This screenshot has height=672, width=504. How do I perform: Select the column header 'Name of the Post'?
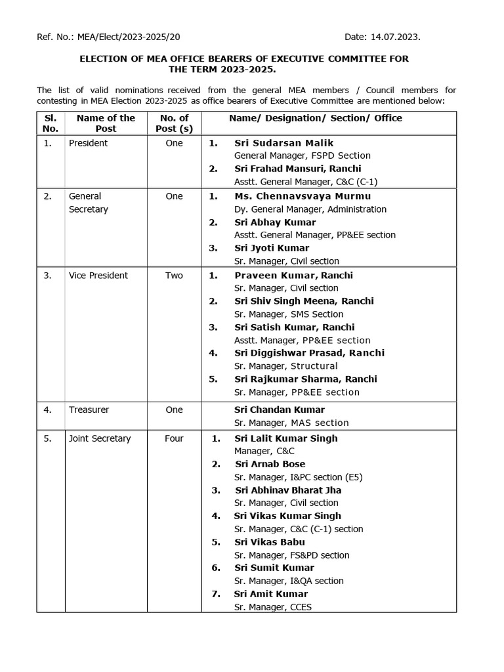pos(106,123)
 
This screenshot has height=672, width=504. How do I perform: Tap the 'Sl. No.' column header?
pos(51,123)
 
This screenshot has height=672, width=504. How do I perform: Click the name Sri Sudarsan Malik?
pos(283,142)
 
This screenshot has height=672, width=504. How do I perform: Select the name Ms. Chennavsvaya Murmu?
pos(303,196)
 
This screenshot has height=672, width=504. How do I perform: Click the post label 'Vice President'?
pos(98,276)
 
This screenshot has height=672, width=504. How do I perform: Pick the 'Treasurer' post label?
pos(89,409)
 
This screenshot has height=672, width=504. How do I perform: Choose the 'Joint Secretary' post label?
pos(100,438)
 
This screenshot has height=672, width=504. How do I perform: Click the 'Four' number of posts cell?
pos(175,438)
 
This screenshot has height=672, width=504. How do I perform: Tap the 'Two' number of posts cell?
pos(175,276)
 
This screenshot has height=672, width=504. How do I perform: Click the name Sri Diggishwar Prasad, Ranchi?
pos(309,353)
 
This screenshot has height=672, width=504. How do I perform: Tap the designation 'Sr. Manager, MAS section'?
pos(291,423)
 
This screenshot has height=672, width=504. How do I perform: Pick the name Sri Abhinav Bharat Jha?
pos(288,490)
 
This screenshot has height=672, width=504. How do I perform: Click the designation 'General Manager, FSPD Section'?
pos(303,156)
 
